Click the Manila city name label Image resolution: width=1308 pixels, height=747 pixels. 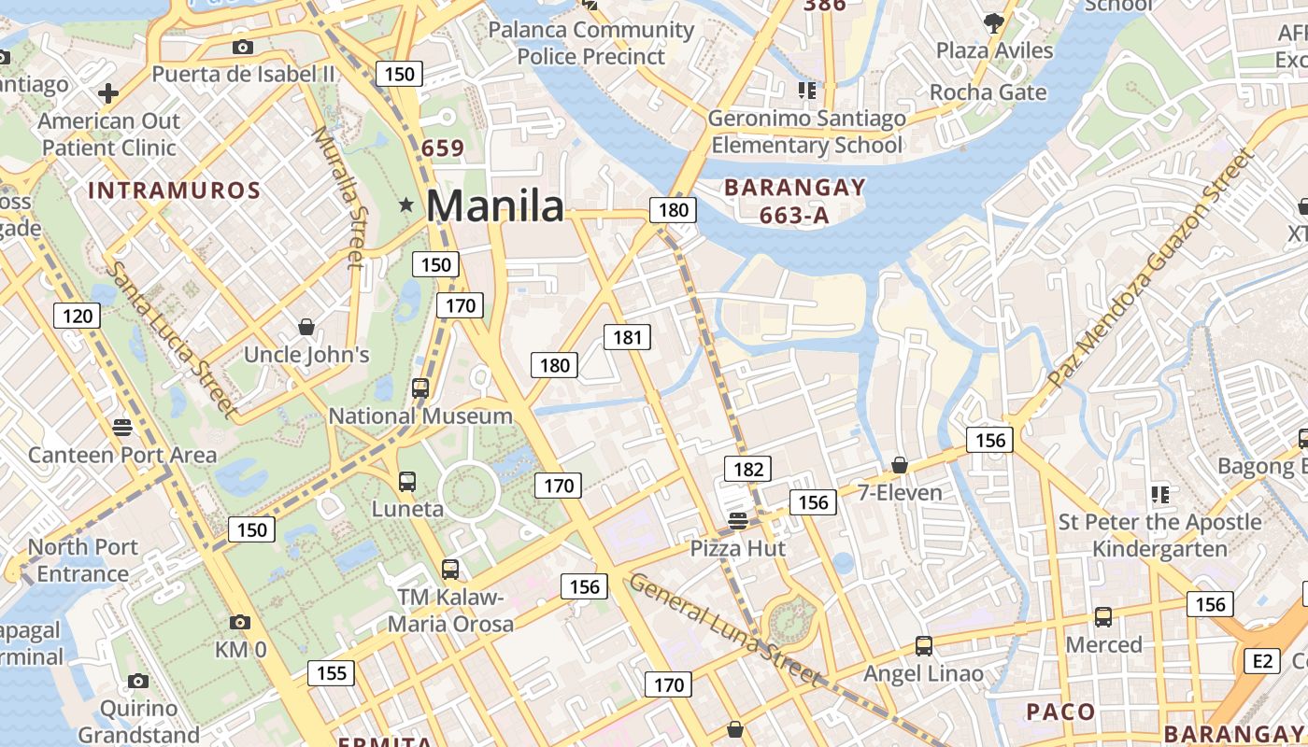pyautogui.click(x=495, y=205)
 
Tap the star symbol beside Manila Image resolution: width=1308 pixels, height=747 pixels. pyautogui.click(x=405, y=204)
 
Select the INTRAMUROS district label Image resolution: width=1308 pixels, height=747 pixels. pyautogui.click(x=174, y=191)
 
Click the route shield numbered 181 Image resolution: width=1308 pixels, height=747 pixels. pyautogui.click(x=626, y=337)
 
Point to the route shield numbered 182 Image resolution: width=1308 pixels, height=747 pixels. pyautogui.click(x=748, y=469)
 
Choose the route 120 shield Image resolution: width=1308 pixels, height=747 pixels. pyautogui.click(x=77, y=316)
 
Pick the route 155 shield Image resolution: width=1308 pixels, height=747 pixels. pyautogui.click(x=331, y=672)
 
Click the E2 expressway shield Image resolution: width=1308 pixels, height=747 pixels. pyautogui.click(x=1262, y=661)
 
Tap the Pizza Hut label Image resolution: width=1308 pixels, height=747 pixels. pyautogui.click(x=738, y=548)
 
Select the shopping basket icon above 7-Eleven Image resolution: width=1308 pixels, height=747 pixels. pyautogui.click(x=900, y=464)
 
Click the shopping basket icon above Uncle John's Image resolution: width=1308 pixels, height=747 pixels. pyautogui.click(x=306, y=326)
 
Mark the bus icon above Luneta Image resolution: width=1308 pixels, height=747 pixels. pyautogui.click(x=407, y=482)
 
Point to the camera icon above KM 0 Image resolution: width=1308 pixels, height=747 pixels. pyautogui.click(x=239, y=622)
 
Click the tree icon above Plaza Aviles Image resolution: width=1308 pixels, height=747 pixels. pyautogui.click(x=993, y=21)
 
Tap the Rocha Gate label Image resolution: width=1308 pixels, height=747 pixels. pyautogui.click(x=988, y=92)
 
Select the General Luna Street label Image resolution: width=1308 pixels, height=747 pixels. pyautogui.click(x=725, y=631)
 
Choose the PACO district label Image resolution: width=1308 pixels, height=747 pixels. pyautogui.click(x=1060, y=712)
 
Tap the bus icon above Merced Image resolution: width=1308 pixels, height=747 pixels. pyautogui.click(x=1103, y=616)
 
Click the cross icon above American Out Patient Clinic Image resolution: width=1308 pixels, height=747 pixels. pyautogui.click(x=108, y=93)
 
